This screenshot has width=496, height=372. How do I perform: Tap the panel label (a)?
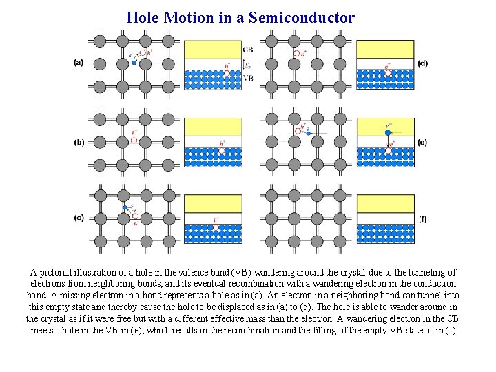pyautogui.click(x=79, y=63)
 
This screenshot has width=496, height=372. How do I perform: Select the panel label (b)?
pyautogui.click(x=79, y=143)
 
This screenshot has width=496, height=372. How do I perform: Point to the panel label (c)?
pyautogui.click(x=79, y=218)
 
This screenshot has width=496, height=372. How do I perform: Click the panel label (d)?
pyautogui.click(x=422, y=63)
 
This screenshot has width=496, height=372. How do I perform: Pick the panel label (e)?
pyautogui.click(x=422, y=143)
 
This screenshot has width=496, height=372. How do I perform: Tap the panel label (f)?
pyautogui.click(x=422, y=218)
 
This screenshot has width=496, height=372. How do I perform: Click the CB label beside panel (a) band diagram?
pyautogui.click(x=248, y=49)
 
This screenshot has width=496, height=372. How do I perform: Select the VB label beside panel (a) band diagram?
pyautogui.click(x=248, y=79)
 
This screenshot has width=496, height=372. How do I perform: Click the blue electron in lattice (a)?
pyautogui.click(x=134, y=63)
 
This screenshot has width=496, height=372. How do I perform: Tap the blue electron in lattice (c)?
pyautogui.click(x=125, y=207)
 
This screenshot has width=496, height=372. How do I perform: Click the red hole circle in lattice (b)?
pyautogui.click(x=134, y=140)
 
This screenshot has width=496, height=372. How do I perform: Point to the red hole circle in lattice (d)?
pyautogui.click(x=296, y=53)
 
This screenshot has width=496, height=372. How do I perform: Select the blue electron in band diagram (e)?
pyautogui.click(x=389, y=132)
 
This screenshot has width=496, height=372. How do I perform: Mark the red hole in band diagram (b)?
pyautogui.click(x=222, y=150)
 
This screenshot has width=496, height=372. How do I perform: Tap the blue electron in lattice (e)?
pyautogui.click(x=309, y=132)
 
